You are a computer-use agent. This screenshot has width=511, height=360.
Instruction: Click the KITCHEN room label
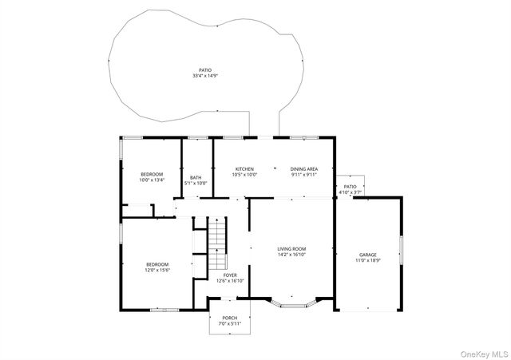[x=244, y=169]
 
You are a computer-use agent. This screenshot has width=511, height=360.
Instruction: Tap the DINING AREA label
[x=304, y=169]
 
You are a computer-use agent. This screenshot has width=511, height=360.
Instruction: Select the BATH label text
[x=196, y=177]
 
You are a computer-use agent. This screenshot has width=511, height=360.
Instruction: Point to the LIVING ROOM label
[x=291, y=249]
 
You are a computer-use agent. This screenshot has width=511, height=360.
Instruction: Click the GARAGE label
[x=367, y=255]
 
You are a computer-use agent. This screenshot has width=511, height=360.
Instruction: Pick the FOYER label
[x=231, y=275]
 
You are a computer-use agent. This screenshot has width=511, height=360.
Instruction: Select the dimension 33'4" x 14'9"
[x=205, y=76]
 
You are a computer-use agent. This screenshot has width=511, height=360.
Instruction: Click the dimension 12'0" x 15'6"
[x=157, y=270]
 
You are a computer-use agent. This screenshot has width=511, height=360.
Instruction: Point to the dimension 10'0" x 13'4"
[x=152, y=180]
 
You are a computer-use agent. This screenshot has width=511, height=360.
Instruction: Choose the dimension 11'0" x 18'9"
[x=367, y=260]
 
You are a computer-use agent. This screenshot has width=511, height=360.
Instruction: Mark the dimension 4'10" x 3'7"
[x=351, y=192]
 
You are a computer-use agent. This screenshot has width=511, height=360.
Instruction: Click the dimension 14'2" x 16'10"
[x=291, y=255]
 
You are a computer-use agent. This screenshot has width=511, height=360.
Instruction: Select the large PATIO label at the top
[x=205, y=70]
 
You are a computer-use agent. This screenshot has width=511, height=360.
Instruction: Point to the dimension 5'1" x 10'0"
[x=196, y=183]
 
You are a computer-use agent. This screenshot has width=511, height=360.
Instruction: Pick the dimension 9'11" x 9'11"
[x=304, y=175]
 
